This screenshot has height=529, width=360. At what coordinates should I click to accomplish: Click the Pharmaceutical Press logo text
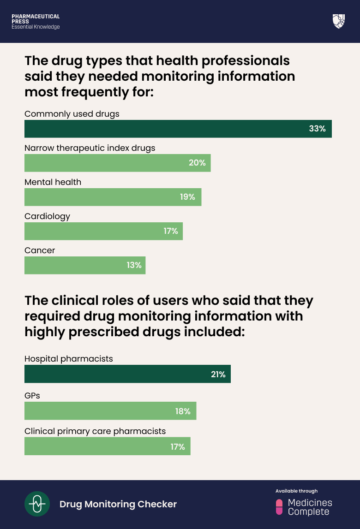(x=36, y=22)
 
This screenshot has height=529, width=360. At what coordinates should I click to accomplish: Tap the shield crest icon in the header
(x=338, y=21)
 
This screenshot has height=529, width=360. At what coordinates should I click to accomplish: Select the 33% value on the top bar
(x=317, y=129)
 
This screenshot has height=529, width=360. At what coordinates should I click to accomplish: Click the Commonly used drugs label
(x=72, y=114)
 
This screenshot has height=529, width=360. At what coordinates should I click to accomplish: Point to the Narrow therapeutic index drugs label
(x=90, y=148)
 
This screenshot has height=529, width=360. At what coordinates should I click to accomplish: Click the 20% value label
(x=197, y=163)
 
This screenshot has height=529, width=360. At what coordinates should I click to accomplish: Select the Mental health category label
(x=53, y=182)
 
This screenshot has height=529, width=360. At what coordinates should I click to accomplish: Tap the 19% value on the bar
(x=187, y=197)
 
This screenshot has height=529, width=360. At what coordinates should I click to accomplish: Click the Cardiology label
(x=47, y=216)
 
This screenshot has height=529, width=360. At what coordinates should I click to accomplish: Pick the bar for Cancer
(x=85, y=265)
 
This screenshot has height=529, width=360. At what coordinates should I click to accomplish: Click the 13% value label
(x=134, y=265)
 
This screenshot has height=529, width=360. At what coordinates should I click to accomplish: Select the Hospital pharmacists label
(x=68, y=358)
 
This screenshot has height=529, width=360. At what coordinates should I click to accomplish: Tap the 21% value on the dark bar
(x=218, y=374)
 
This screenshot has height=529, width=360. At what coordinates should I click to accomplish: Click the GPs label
(x=32, y=395)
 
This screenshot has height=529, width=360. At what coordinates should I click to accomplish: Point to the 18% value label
(x=183, y=411)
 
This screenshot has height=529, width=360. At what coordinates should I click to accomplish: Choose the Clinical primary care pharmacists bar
(x=107, y=446)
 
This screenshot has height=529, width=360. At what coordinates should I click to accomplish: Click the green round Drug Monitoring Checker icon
(x=37, y=504)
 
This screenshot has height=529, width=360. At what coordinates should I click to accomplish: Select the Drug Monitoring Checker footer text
(x=118, y=504)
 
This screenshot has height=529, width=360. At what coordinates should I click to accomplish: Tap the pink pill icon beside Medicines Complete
(x=279, y=507)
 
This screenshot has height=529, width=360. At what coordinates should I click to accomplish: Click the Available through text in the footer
(x=296, y=491)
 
